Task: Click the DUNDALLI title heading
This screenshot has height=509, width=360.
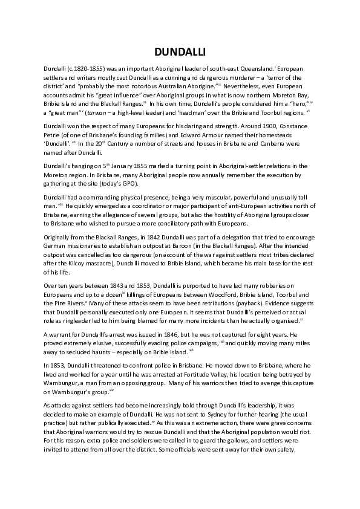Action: click(x=180, y=53)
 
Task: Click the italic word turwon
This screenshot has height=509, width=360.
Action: click(x=102, y=111)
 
